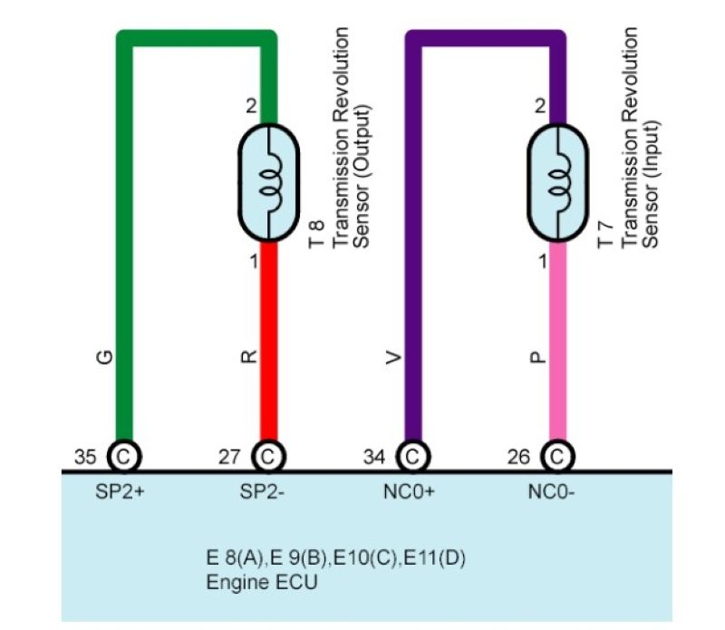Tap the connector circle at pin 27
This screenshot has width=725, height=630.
click(268, 456)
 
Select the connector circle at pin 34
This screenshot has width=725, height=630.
click(412, 456)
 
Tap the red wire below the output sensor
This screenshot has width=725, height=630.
click(268, 344)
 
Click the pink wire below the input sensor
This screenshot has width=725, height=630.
click(559, 344)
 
